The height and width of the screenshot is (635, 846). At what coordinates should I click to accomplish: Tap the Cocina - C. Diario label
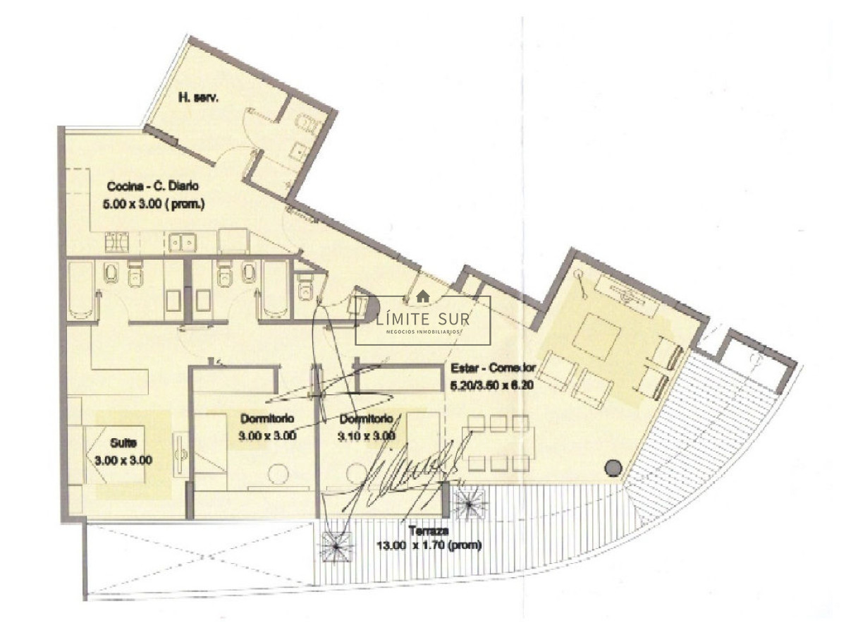[153, 187]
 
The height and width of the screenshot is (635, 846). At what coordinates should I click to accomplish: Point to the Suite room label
[124, 444]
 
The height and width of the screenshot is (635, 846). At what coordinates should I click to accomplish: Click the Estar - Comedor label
[493, 368]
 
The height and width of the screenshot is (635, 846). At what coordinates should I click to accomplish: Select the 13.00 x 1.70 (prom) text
[430, 545]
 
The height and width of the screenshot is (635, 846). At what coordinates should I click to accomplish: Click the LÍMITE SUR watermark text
[423, 317]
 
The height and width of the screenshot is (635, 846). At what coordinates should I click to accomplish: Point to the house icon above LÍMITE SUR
[423, 296]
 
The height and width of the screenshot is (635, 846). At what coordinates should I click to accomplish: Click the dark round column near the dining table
[613, 466]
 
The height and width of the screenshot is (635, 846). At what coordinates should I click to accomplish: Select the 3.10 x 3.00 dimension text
[366, 436]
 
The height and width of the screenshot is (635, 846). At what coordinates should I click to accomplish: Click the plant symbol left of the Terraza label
[337, 545]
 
